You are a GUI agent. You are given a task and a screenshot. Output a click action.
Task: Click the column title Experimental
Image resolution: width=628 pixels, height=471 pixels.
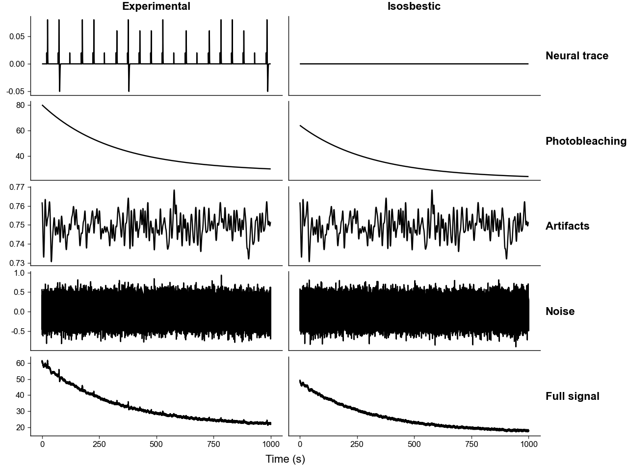coord(156,6)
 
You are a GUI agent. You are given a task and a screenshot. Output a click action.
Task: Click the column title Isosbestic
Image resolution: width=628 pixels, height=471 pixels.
coord(414,6)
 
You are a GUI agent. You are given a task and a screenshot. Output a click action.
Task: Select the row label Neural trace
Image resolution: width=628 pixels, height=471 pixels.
coord(577,56)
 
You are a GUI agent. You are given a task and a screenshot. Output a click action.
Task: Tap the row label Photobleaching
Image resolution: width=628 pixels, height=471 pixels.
coord(586,141)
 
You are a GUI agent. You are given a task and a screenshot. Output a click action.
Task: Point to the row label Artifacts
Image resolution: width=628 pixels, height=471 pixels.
coord(567,226)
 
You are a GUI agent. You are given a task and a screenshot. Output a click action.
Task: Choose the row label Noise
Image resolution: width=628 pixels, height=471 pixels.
coord(560,311)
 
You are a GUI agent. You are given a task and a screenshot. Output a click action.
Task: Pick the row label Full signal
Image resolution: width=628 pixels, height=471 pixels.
coord(572,396)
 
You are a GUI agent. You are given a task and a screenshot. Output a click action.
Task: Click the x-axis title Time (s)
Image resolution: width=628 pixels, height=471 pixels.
coord(285,459)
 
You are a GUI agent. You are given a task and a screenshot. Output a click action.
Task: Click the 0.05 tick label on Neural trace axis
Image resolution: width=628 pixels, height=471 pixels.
coord(17,37)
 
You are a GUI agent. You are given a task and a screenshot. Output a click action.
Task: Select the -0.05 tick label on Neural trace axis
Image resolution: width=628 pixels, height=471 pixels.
coord(15,92)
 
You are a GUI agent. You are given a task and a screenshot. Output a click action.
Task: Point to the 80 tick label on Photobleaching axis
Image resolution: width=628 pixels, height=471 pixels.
coord(20,105)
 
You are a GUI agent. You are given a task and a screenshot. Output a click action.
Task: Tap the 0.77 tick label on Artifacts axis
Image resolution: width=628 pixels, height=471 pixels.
coord(17,187)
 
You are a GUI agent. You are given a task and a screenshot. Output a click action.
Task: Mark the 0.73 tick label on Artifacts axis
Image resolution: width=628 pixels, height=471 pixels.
coord(17,263)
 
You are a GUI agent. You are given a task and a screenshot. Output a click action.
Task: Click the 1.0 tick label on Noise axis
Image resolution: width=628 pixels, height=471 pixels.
coord(19,273)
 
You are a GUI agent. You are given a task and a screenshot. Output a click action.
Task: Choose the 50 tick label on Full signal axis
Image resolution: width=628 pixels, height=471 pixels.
coord(20,379)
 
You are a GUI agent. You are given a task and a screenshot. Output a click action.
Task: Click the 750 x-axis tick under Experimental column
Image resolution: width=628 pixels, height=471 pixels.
coord(213,444)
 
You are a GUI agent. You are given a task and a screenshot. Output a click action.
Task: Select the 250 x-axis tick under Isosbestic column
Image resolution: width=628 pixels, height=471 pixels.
coord(357,444)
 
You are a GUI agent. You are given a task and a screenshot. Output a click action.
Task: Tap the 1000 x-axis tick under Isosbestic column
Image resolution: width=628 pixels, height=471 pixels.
coord(528,444)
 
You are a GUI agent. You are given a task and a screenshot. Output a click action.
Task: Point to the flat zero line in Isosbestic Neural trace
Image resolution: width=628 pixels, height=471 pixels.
coord(414,64)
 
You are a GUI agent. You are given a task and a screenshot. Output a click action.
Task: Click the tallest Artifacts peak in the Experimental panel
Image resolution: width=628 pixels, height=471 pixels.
coord(174,190)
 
